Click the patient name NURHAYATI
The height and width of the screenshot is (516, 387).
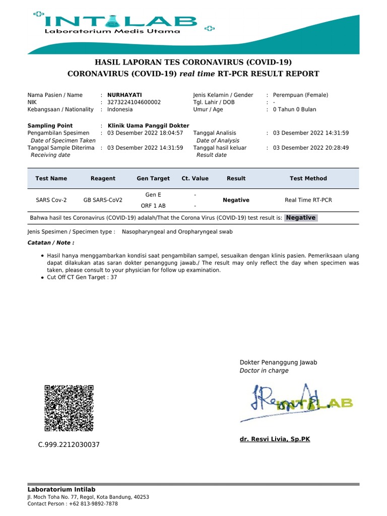pos(124,95)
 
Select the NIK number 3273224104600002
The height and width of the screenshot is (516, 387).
pos(134,102)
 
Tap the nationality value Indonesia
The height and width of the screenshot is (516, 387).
pos(120,109)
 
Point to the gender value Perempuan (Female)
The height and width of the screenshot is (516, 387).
pos(300,95)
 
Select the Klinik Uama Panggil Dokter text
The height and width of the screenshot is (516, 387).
pos(149,125)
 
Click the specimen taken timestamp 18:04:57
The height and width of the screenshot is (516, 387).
pos(169,133)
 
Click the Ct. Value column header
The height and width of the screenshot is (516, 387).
pos(195,178)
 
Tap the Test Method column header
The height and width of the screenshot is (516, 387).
pos(308,178)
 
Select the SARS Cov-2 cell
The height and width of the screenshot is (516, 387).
pos(51,200)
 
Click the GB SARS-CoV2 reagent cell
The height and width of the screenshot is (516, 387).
pos(103,200)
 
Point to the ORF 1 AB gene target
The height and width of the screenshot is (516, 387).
pos(153,206)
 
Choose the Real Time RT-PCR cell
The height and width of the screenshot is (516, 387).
pos(308,200)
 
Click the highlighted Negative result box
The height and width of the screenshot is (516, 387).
pos(301,218)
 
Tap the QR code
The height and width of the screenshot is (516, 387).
pos(69,408)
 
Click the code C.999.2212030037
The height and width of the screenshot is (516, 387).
pos(69,445)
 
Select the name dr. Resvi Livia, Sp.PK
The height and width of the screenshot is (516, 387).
pos(275,439)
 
